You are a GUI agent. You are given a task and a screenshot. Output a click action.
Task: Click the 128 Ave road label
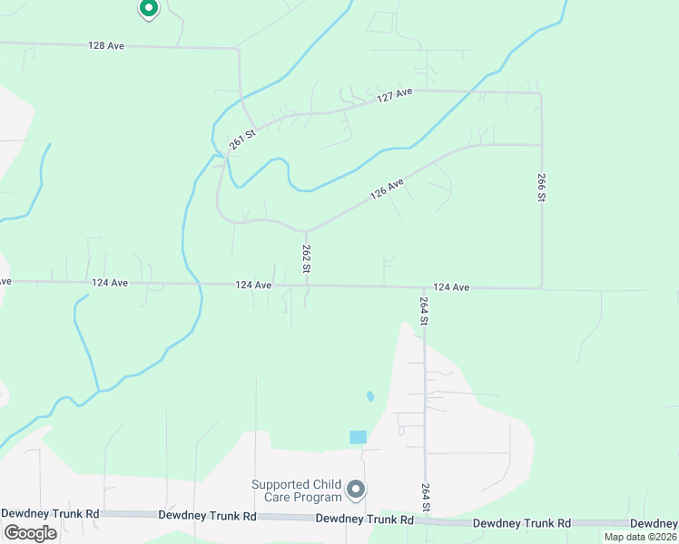(x=106, y=45)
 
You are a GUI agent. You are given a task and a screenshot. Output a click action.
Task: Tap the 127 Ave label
(x=395, y=95)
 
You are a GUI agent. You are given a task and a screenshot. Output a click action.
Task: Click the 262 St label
(x=307, y=257)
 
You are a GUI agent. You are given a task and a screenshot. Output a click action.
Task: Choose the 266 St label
(x=542, y=187)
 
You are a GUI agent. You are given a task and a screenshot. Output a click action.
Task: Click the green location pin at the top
(x=148, y=9)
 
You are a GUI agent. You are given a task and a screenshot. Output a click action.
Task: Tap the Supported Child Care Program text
(x=296, y=491)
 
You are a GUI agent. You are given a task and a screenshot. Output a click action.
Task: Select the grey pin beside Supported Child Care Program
(x=356, y=490)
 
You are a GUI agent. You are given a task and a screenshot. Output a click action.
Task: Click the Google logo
(x=29, y=532)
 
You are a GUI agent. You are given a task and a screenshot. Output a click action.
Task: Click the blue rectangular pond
(x=359, y=437)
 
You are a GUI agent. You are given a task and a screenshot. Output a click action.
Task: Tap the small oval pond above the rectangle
(x=369, y=396)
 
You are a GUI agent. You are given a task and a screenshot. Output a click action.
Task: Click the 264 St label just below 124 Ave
(x=424, y=311)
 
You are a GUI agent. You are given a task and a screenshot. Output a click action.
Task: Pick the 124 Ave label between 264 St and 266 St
(x=450, y=287)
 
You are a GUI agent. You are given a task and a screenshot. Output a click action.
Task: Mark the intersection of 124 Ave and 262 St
(x=306, y=286)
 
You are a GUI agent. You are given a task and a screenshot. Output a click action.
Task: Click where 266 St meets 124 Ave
(x=542, y=288)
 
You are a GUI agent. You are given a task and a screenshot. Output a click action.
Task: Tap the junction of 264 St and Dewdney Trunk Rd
(x=424, y=520)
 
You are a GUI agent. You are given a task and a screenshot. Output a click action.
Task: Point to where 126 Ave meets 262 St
(x=306, y=230)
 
